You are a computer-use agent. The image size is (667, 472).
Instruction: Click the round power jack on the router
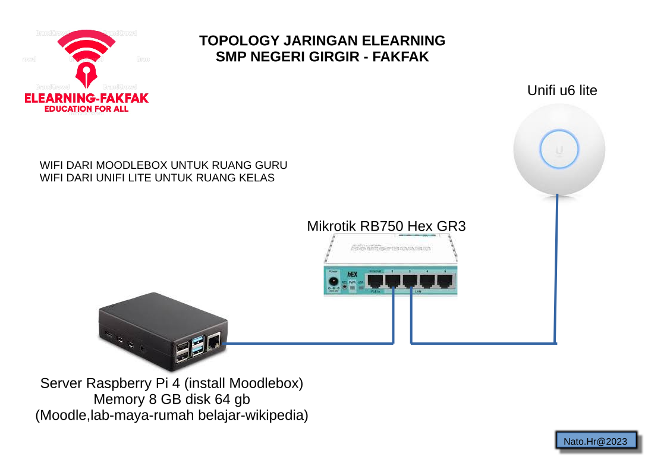coord(333,281)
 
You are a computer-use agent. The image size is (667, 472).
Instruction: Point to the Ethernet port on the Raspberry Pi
coord(214,342)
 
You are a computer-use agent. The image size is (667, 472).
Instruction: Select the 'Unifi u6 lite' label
coord(562,91)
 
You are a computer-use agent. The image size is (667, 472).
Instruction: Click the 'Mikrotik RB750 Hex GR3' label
coord(386,226)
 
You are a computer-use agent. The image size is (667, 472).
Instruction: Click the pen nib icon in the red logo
coord(86,70)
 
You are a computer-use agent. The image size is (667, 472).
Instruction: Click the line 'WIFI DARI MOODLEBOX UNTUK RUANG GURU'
coord(163,165)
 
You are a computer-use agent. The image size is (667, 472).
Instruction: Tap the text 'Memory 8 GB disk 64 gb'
coord(172,399)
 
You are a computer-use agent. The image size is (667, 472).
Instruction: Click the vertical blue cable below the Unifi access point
coord(557,268)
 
